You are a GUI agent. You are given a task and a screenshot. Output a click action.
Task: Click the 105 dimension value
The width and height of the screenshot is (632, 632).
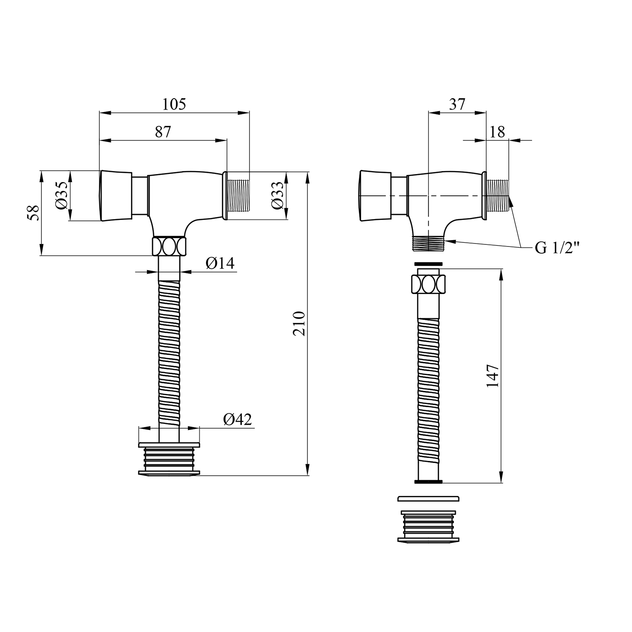(174, 104)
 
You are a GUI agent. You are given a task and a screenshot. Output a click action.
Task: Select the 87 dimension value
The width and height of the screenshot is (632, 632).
(163, 132)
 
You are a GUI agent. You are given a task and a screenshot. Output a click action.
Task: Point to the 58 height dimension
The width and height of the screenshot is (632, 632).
(34, 213)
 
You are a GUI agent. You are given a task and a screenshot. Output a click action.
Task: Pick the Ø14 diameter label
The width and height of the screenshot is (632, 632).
(220, 263)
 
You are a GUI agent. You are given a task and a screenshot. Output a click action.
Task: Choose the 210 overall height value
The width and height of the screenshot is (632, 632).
(299, 323)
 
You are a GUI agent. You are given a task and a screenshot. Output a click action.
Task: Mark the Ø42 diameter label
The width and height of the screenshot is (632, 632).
(238, 419)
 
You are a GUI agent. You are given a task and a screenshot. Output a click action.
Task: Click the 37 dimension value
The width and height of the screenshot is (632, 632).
(457, 104)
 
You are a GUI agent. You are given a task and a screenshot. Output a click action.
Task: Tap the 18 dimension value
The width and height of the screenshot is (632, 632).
(498, 132)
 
